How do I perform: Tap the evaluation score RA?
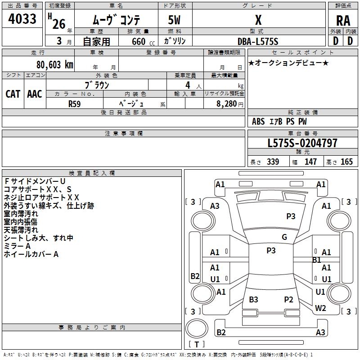pyautogui.click(x=343, y=20)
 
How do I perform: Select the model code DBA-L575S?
pyautogui.click(x=258, y=41)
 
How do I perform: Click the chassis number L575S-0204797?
pyautogui.click(x=302, y=144)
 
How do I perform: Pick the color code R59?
pyautogui.click(x=75, y=103)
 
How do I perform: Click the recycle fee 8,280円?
pyautogui.click(x=227, y=104)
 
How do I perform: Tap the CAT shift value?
pyautogui.click(x=13, y=94)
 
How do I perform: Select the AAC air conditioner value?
pyautogui.click(x=34, y=94)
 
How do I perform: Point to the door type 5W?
pyautogui.click(x=175, y=21)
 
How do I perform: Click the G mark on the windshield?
pyautogui.click(x=284, y=237)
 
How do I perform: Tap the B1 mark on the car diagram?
pyautogui.click(x=317, y=260)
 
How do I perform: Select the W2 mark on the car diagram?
pyautogui.click(x=320, y=308)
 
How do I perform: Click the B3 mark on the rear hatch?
pyautogui.click(x=253, y=300)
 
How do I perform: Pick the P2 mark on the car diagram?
pyautogui.click(x=288, y=300)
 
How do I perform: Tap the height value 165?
pyautogui.click(x=346, y=162)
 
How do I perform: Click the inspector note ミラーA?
pyautogui.click(x=17, y=246)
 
